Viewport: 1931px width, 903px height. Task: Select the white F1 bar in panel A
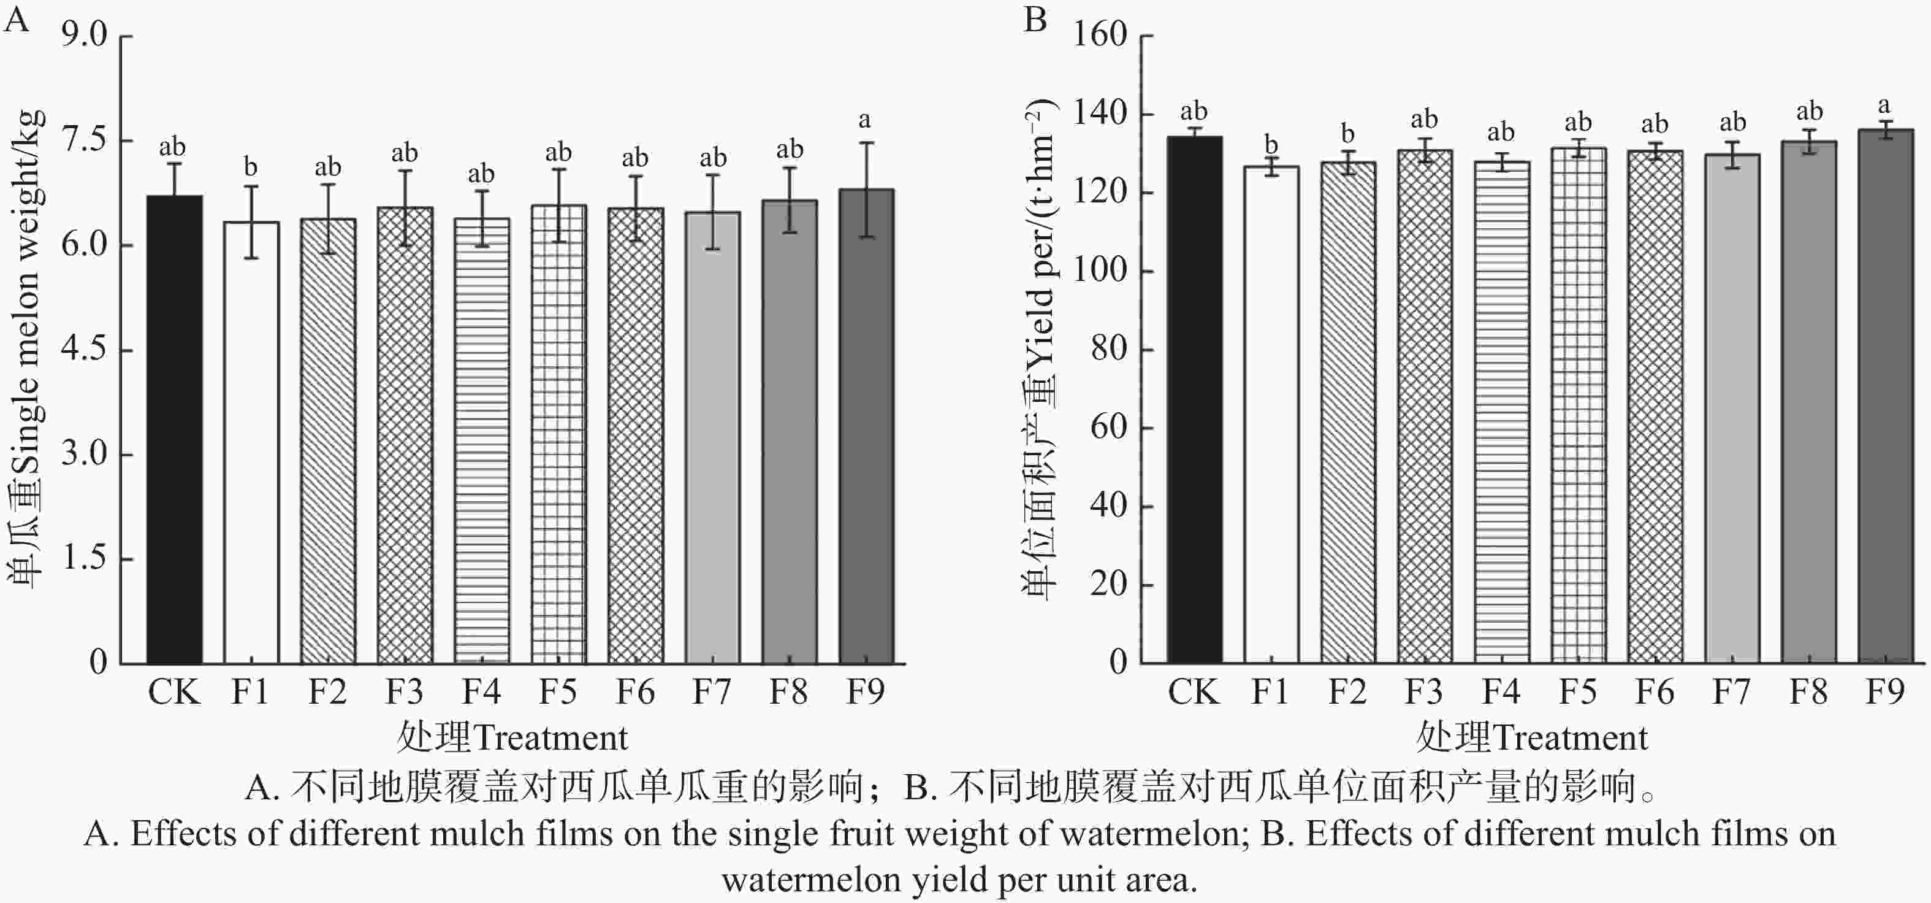point(251,442)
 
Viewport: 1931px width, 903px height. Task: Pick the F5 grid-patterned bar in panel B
point(1578,405)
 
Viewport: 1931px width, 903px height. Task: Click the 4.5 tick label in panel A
point(85,350)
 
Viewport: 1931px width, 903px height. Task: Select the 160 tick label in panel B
point(1100,34)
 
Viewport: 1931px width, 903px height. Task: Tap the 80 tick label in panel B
point(1109,349)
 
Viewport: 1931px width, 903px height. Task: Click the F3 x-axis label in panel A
point(405,691)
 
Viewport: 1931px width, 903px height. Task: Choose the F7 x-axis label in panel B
point(1732,691)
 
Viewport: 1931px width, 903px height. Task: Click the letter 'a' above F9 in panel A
point(865,120)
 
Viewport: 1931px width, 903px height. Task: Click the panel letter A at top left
point(17,20)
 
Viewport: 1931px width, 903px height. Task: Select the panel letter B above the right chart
point(1035,20)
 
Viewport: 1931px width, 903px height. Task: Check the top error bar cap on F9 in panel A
point(867,142)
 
